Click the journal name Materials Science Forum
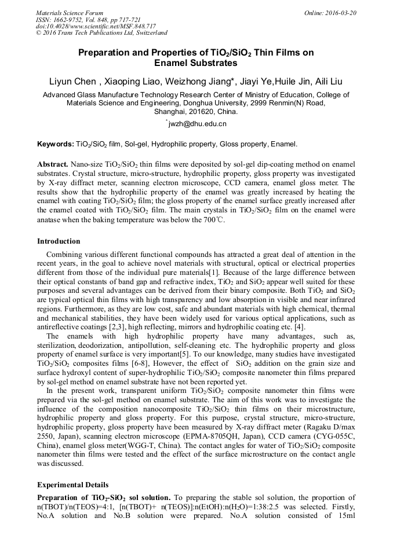(70, 13)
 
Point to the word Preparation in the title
(107, 53)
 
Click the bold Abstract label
(53, 164)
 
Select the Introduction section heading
(59, 241)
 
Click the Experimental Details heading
(72, 484)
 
